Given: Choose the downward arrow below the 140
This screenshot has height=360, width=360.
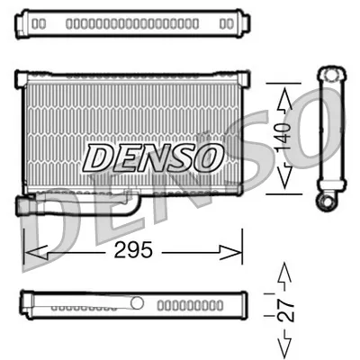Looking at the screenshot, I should pos(283,179).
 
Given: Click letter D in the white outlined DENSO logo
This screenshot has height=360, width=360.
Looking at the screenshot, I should pos(99,158).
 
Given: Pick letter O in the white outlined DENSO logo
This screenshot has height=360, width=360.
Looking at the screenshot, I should pos(206,158).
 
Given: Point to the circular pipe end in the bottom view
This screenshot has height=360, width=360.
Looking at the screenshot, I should pos(137,302).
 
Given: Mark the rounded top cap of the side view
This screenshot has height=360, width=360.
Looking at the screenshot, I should pos(328,74).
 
